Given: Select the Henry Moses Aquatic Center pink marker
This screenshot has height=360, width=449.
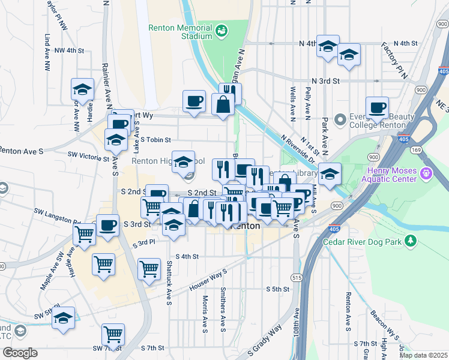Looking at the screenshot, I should [426, 175].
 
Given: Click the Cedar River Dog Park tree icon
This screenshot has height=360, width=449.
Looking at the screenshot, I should [411, 242].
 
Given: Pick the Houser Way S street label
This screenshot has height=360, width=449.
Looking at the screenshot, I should [208, 279].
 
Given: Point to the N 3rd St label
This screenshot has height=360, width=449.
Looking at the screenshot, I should [325, 80].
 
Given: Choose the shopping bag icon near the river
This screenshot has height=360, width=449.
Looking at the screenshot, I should [223, 104].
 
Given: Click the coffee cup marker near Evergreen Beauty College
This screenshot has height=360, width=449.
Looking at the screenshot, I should [377, 107].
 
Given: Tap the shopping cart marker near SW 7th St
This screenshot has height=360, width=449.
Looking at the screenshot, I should [113, 334].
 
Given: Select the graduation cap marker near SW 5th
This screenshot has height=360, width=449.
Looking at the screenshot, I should [62, 319].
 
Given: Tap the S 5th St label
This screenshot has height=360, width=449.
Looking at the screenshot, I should [277, 289].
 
